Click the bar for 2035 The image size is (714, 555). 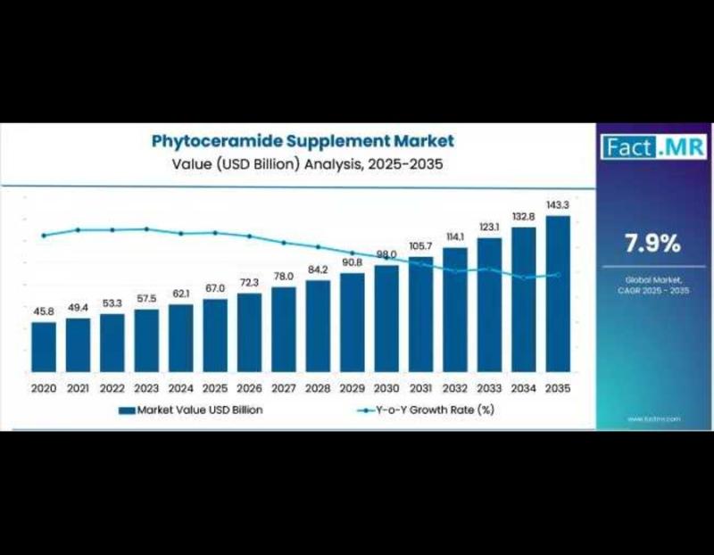pos(558,294)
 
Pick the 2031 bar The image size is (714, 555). pos(420,313)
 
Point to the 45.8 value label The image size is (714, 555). pos(44,311)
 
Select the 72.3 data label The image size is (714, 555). pos(249,282)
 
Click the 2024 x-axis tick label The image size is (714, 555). pos(180,388)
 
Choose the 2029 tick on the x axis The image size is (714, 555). pos(352,388)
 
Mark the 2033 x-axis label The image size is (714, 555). pos(489,388)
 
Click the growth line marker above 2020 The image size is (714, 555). pos(44,236)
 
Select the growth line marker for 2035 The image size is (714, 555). pos(558,275)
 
